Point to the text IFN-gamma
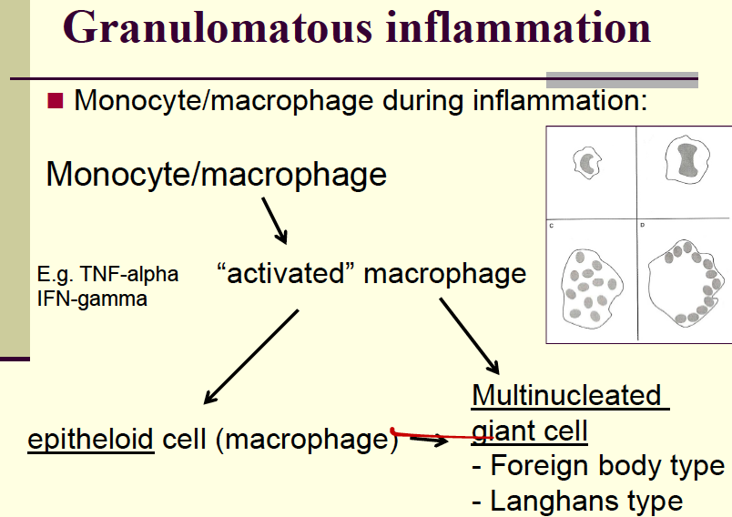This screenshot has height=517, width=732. coord(92,298)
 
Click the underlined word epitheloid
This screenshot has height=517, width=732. coord(90,439)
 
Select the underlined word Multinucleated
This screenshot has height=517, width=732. coord(566,395)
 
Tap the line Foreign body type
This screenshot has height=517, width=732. coord(598,466)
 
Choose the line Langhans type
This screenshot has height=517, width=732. coord(577,500)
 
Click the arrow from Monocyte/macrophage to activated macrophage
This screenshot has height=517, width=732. coord(274,219)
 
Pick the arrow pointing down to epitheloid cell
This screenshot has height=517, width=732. coord(251,356)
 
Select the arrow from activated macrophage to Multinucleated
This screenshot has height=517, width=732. coord(470,336)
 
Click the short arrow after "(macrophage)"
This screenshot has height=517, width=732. coord(428,441)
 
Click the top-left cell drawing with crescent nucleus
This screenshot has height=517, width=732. coord(589,164)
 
